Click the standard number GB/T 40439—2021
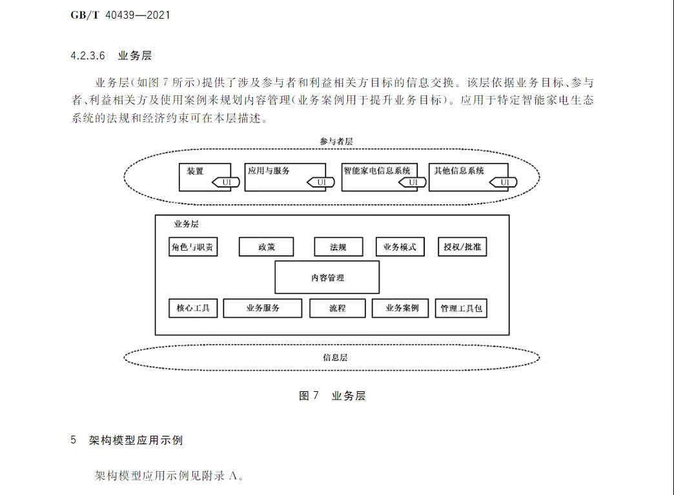pos(120,14)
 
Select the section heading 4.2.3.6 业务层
pos(111,56)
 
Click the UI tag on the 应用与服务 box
pos(321,182)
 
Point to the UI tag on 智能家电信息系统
pos(413,182)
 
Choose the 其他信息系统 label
pos(459,171)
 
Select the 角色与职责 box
pos(193,247)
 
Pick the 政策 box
pos(266,247)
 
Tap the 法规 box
pos(338,247)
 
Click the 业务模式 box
pos(400,247)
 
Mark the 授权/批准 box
pos(462,247)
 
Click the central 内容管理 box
pos(327,278)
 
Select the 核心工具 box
pos(193,308)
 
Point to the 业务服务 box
pos(263,308)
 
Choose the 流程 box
pos(337,308)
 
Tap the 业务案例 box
pos(400,308)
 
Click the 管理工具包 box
pos(461,309)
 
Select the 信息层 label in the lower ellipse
pos(334,357)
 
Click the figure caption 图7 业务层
pos(332,396)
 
